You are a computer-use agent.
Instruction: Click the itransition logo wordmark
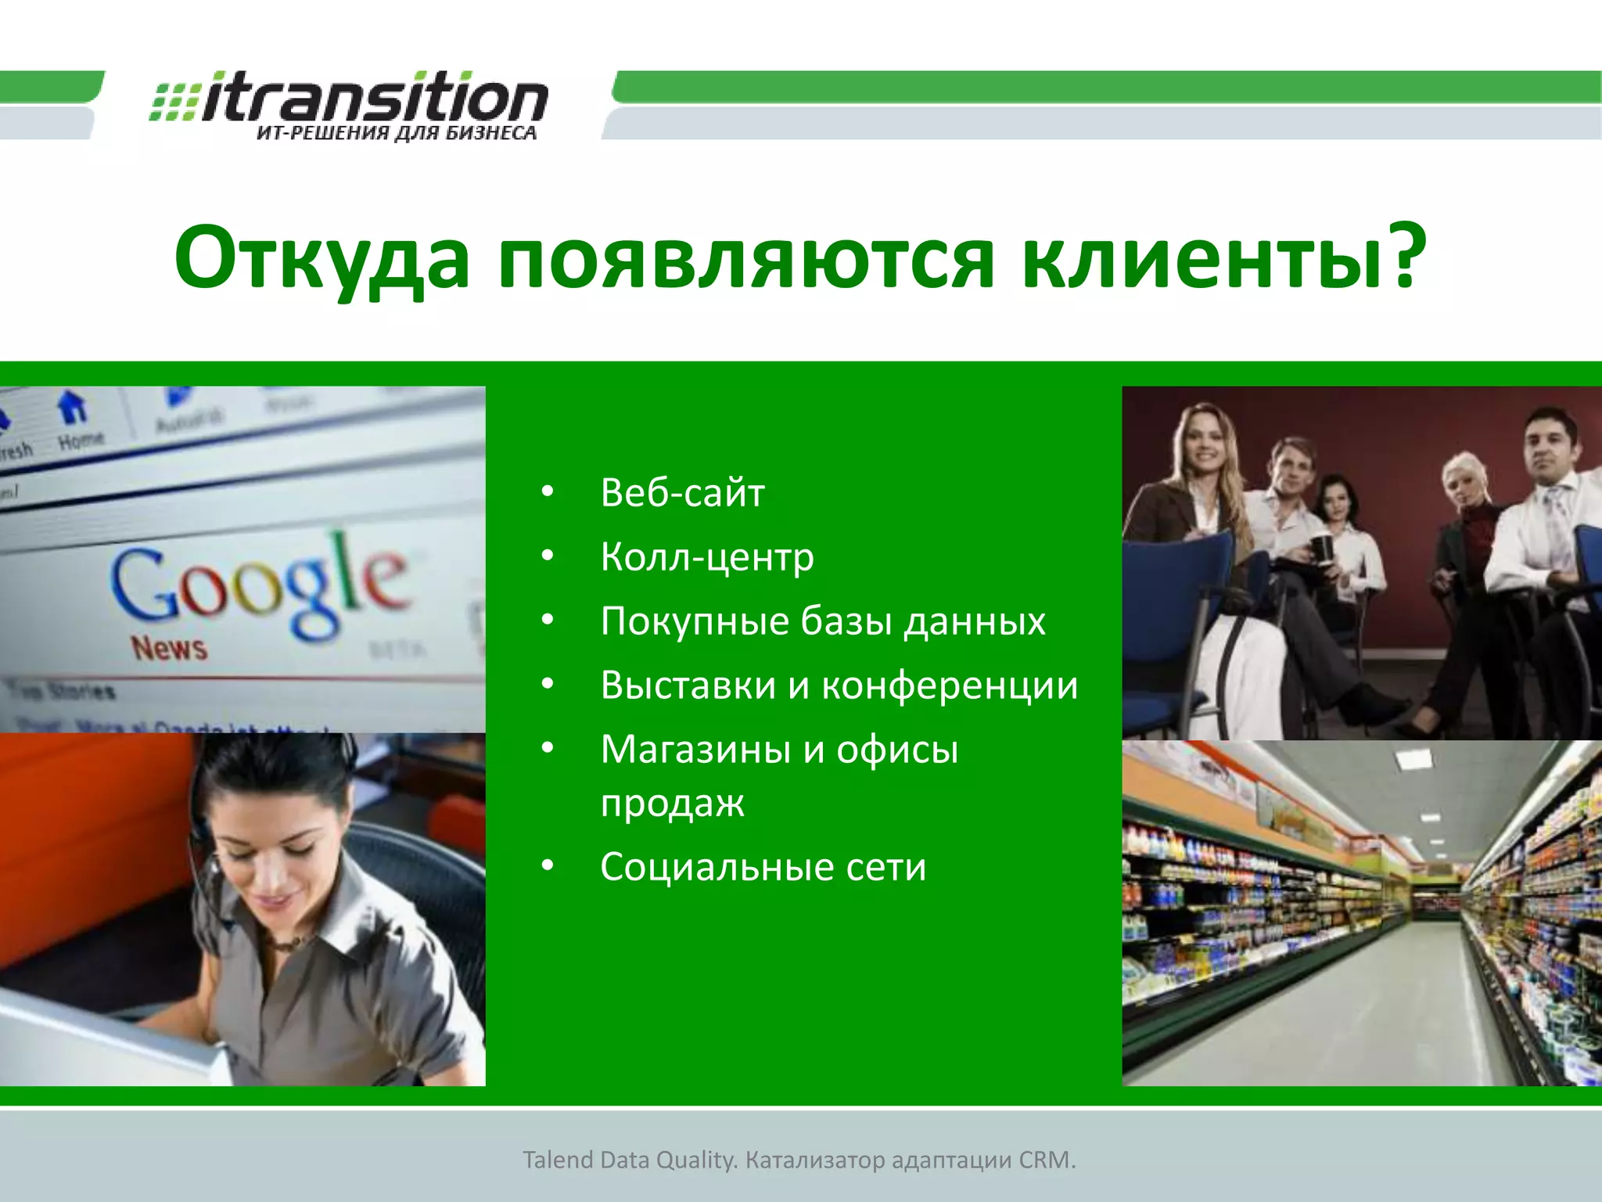click(374, 98)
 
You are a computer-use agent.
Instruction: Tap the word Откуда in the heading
click(321, 258)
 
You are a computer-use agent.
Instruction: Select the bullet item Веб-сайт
click(682, 493)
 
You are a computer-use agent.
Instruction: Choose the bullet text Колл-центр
click(707, 557)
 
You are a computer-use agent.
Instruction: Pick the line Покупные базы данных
click(822, 621)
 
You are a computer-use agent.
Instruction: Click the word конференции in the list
click(949, 686)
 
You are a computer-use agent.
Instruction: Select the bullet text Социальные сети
click(763, 867)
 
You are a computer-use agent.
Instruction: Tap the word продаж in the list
click(672, 803)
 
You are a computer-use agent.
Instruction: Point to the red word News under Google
click(169, 649)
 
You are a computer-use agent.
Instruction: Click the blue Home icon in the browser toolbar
click(73, 407)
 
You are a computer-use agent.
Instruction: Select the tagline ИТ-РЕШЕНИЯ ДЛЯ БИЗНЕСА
click(397, 133)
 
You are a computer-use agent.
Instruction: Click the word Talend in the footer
click(558, 1160)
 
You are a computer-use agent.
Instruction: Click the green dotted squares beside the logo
click(174, 102)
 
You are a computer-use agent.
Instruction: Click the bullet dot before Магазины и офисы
click(548, 748)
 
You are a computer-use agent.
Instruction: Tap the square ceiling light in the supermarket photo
click(1413, 758)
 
